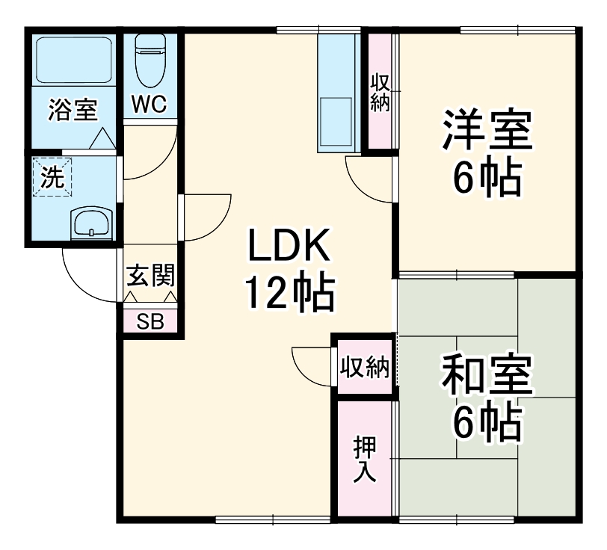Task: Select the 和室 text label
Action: click(x=487, y=378)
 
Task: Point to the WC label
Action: click(x=150, y=104)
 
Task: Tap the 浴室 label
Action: click(x=73, y=110)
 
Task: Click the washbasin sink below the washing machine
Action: click(x=91, y=223)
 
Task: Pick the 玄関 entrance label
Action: click(x=150, y=276)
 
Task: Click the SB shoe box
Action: click(x=150, y=321)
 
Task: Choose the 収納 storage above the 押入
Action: click(x=364, y=367)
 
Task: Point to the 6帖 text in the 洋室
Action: click(x=487, y=177)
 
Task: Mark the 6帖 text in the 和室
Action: click(x=487, y=424)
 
